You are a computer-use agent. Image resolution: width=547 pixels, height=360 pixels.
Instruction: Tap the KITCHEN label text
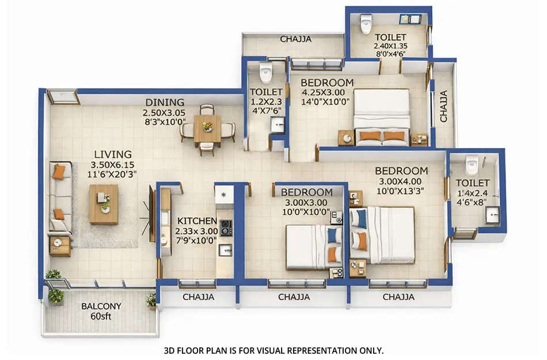(197, 221)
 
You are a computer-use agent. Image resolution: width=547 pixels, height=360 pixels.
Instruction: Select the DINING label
(165, 103)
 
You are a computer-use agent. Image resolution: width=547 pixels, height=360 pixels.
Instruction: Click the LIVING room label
(113, 154)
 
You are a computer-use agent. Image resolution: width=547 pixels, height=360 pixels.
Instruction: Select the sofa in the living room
(60, 197)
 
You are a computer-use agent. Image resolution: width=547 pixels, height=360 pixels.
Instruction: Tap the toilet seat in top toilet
(366, 24)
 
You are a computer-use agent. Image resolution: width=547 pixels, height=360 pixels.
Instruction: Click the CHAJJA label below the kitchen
(198, 297)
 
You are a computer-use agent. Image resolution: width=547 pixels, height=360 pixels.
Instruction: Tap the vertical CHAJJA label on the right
(444, 106)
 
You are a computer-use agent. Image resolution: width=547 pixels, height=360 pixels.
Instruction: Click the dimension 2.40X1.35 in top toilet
(390, 46)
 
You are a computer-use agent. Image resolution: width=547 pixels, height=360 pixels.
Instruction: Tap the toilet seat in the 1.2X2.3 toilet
(265, 73)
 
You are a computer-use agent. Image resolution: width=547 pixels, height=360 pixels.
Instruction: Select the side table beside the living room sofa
(60, 245)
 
